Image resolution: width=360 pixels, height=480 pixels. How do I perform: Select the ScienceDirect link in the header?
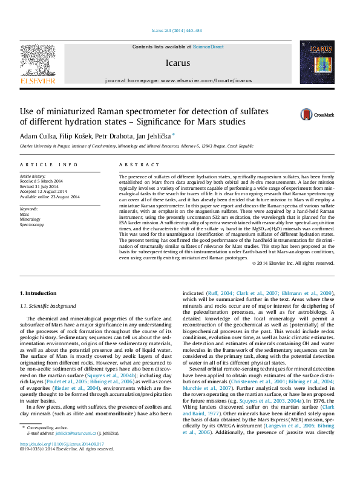(208, 47)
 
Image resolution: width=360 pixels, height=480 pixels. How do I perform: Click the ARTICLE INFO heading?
(48, 164)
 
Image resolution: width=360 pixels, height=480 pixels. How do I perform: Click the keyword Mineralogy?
(31, 219)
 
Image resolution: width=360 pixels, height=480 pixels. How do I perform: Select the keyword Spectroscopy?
(32, 224)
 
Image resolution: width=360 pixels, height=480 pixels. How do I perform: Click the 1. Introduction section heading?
(38, 293)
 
